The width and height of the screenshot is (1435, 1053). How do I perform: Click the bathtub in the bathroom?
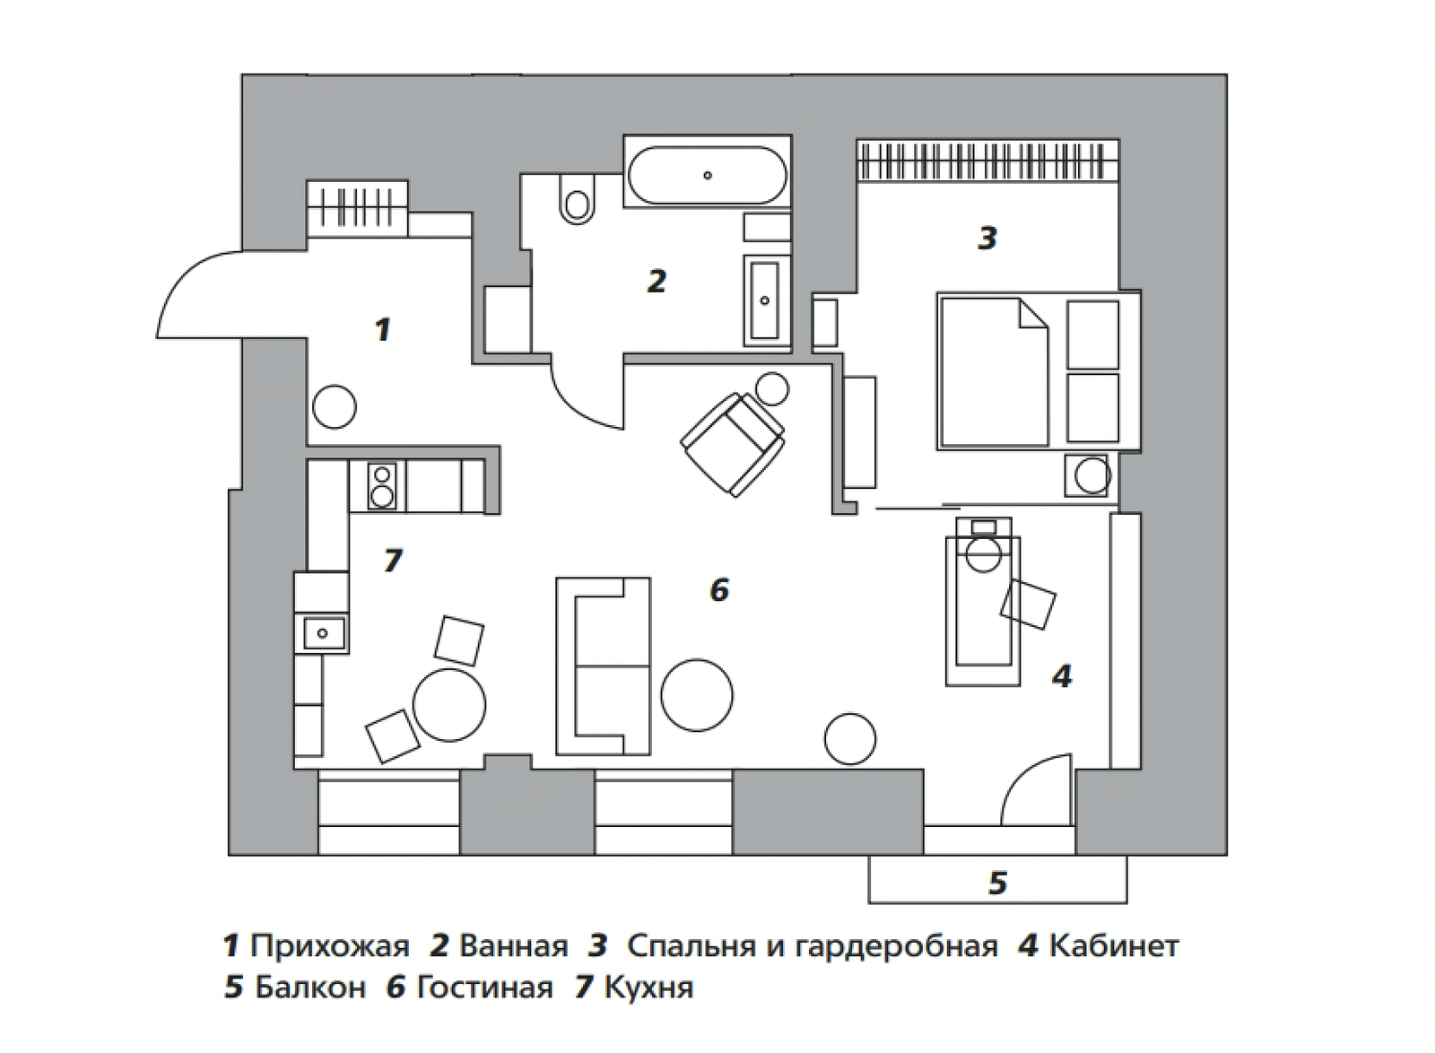pyautogui.click(x=707, y=175)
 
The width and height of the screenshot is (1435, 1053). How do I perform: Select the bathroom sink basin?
pyautogui.click(x=764, y=300)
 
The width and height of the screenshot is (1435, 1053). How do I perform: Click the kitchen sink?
pyautogui.click(x=322, y=633)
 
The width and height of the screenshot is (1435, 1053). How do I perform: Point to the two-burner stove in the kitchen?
pyautogui.click(x=382, y=485)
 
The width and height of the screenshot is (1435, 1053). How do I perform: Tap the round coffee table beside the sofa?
pyautogui.click(x=697, y=695)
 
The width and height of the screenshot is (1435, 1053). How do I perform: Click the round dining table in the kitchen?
pyautogui.click(x=449, y=704)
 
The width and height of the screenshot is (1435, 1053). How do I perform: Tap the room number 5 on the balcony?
pyautogui.click(x=998, y=883)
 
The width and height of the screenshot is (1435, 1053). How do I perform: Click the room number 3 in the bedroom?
pyautogui.click(x=987, y=238)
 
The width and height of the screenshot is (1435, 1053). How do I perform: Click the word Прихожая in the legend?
pyautogui.click(x=329, y=945)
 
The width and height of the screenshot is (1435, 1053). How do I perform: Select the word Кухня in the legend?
pyautogui.click(x=648, y=988)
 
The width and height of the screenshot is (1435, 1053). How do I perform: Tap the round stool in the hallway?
pyautogui.click(x=334, y=406)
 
